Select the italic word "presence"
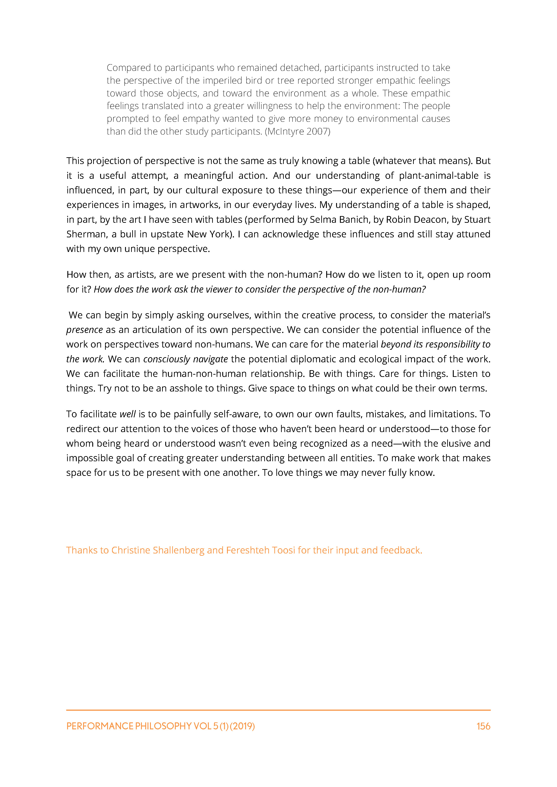(84, 330)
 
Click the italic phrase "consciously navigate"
(185, 359)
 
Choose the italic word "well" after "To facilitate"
(128, 414)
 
